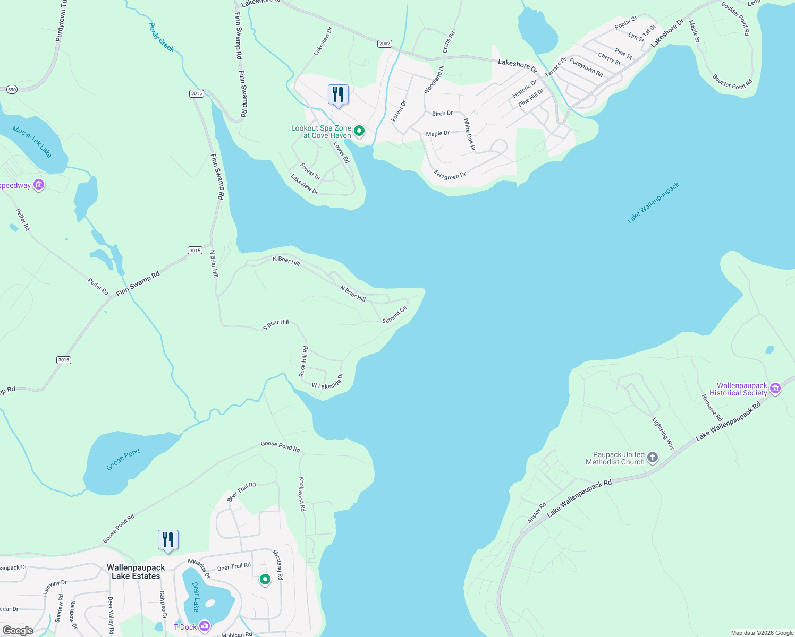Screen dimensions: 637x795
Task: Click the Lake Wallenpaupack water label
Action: click(x=653, y=203)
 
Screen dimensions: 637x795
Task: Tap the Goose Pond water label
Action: click(x=123, y=459)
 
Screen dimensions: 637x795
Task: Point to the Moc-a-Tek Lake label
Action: click(x=32, y=142)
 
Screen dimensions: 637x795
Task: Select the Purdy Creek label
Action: click(x=162, y=37)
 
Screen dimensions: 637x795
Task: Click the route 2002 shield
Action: click(x=384, y=44)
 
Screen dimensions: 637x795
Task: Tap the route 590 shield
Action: click(x=12, y=90)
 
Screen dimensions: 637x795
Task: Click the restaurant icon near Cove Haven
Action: click(x=338, y=94)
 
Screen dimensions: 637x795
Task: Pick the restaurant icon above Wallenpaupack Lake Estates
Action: click(x=168, y=540)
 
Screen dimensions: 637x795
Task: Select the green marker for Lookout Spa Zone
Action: click(x=359, y=131)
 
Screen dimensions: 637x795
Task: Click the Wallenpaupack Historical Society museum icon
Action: click(x=775, y=389)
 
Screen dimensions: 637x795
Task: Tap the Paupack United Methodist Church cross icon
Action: click(x=653, y=458)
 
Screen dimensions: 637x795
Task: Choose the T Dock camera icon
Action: click(x=205, y=627)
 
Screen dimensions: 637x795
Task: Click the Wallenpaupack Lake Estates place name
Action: click(x=136, y=572)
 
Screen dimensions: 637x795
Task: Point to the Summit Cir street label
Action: click(x=395, y=314)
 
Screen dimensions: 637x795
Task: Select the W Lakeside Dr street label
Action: click(x=327, y=382)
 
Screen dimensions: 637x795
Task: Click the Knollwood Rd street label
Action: click(x=302, y=494)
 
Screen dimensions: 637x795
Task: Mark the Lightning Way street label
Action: click(x=663, y=433)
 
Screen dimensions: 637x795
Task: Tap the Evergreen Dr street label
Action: click(x=450, y=175)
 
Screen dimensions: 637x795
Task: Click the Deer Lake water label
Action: click(x=196, y=597)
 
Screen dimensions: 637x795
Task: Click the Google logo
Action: click(x=18, y=630)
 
